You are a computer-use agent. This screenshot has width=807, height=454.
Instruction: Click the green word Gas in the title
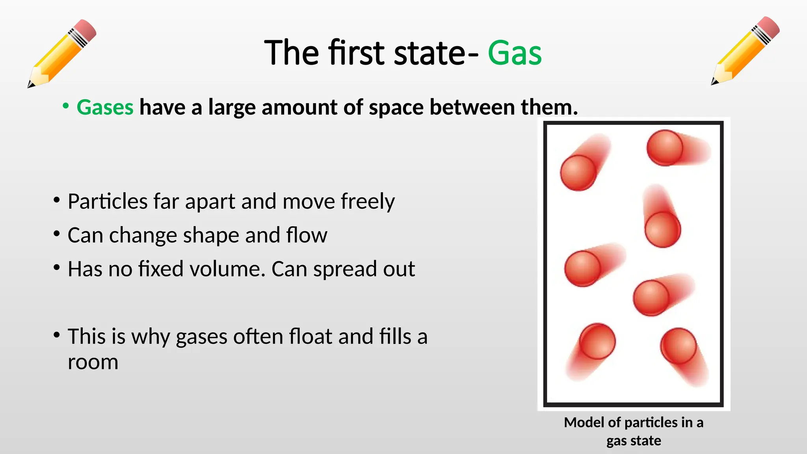[x=514, y=53]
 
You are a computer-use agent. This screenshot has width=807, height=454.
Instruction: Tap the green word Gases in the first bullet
[x=105, y=107]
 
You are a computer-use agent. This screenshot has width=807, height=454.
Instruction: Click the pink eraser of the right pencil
[x=768, y=27]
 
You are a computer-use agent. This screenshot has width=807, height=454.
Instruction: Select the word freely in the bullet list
[x=367, y=201]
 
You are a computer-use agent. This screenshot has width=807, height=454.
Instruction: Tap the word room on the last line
[x=93, y=362]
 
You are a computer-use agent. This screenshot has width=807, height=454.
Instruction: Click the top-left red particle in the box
[x=578, y=173]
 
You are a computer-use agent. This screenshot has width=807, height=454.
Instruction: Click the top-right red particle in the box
[x=665, y=148]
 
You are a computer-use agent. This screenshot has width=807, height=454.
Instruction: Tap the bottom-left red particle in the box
[x=597, y=341]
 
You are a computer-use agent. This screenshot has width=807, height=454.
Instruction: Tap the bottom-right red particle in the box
[x=679, y=346]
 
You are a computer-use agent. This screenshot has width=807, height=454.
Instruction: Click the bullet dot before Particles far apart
[x=57, y=200]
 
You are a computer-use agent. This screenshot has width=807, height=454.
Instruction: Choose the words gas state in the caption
[x=634, y=441]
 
